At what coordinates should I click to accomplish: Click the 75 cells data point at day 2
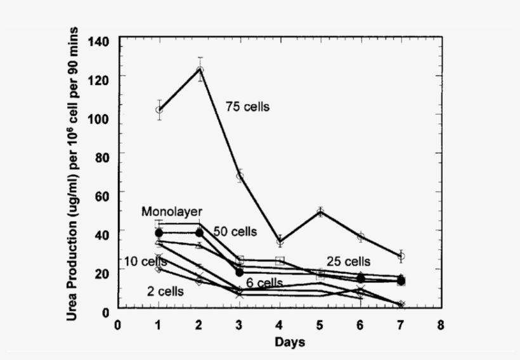coord(200,70)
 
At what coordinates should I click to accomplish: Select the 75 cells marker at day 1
coord(159,110)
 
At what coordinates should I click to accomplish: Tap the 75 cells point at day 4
coord(280,241)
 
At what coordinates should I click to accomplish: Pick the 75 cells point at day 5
coord(321,212)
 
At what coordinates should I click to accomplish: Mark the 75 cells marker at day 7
coord(401,256)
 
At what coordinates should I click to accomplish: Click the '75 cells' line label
coord(247,107)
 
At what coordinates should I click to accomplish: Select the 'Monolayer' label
coord(172,211)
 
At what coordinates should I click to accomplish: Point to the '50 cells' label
coord(235,232)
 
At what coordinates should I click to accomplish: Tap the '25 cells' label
coord(348,262)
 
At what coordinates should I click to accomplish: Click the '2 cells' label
coord(166,292)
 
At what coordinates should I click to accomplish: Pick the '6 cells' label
coord(264,283)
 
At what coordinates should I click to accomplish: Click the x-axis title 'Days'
coord(290,343)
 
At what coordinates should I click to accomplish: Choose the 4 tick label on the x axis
coord(280,326)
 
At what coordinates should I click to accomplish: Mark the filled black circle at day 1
coord(159,233)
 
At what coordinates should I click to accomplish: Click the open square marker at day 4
coord(280,260)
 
